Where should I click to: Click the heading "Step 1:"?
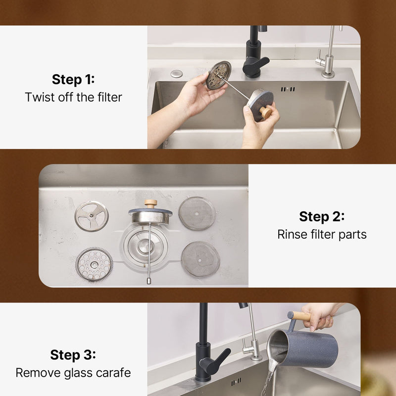click(x=73, y=79)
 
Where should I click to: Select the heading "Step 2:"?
click(x=321, y=216)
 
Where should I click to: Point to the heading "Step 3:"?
click(x=73, y=354)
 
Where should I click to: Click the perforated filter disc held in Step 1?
click(x=218, y=75)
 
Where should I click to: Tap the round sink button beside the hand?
click(x=176, y=74)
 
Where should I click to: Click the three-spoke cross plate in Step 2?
click(x=92, y=216)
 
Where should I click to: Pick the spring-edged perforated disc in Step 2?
click(x=94, y=264)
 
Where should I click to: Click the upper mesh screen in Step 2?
click(x=197, y=213)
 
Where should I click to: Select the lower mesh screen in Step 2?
click(x=200, y=259)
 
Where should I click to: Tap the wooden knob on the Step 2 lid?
click(x=151, y=203)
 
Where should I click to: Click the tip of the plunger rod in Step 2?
click(x=149, y=281)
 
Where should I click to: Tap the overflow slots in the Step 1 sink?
click(x=288, y=89)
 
